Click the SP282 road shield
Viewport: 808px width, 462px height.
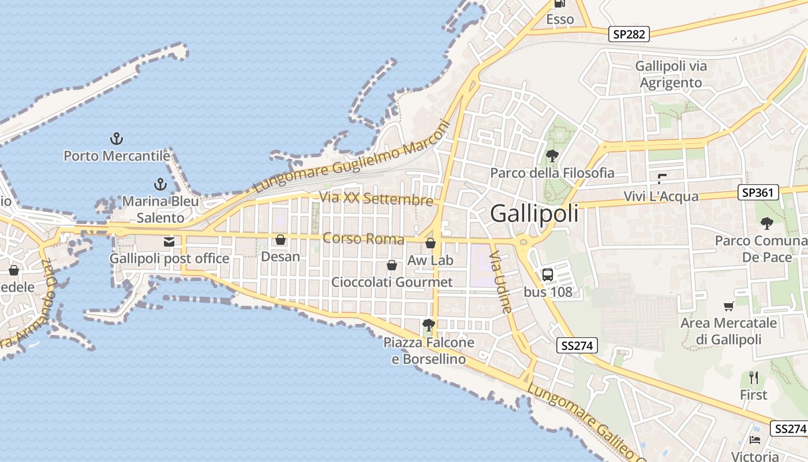click(x=629, y=34)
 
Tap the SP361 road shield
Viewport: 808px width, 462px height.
click(x=758, y=192)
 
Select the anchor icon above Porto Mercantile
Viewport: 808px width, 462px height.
click(x=117, y=139)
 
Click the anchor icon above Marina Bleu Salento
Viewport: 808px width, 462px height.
click(x=160, y=185)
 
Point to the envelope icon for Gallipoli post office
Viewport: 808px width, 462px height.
click(x=169, y=242)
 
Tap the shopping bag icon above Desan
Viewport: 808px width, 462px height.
click(x=280, y=240)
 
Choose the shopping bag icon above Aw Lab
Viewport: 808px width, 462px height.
click(x=430, y=244)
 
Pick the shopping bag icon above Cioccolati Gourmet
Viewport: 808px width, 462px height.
click(x=391, y=265)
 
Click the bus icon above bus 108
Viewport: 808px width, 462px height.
click(x=547, y=275)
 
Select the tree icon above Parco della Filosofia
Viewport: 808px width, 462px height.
click(x=552, y=155)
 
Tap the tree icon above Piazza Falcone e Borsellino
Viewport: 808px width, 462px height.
click(x=428, y=325)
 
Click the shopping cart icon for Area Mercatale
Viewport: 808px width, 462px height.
click(x=728, y=307)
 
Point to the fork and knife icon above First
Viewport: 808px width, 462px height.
click(x=753, y=378)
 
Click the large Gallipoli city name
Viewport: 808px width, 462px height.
click(x=534, y=214)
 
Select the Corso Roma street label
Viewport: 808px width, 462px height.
click(x=363, y=238)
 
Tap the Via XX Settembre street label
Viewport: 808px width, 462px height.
click(x=376, y=199)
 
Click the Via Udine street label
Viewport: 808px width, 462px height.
click(x=500, y=282)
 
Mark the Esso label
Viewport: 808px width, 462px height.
click(x=560, y=19)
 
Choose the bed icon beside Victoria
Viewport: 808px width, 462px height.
click(x=754, y=440)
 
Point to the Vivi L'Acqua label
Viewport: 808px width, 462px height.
click(x=661, y=196)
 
